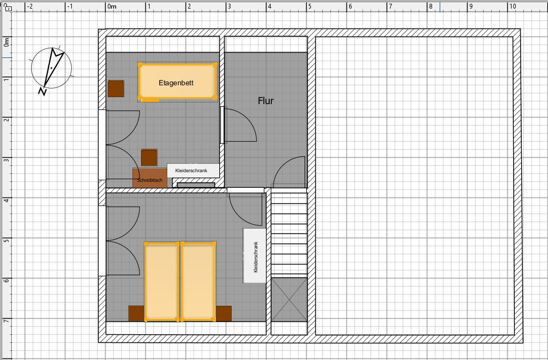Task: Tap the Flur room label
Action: (265, 101)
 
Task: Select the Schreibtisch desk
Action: (150, 178)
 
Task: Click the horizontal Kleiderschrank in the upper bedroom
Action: (193, 171)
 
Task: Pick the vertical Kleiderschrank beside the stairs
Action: (255, 255)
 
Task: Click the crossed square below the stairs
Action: (289, 299)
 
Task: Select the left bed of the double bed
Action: (162, 281)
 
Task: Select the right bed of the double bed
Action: (198, 281)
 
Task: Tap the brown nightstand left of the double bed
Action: (136, 313)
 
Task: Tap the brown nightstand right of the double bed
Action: (224, 313)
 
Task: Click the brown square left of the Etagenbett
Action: (116, 89)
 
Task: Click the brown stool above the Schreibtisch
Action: (149, 157)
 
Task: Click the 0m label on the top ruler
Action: (112, 6)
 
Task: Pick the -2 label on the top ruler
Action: (29, 6)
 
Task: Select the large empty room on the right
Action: (415, 186)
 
